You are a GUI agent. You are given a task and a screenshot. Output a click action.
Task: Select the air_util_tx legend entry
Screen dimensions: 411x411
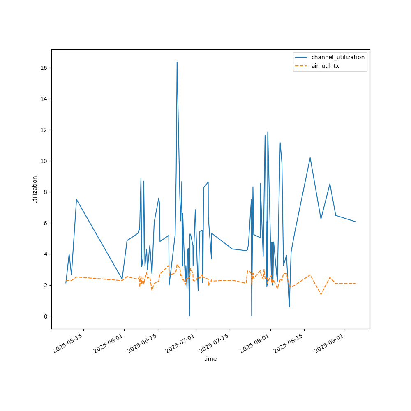[x=325, y=66]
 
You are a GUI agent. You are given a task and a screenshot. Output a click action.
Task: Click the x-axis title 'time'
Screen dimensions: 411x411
[x=210, y=359]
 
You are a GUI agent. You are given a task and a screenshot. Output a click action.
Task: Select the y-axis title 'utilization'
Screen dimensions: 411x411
[x=35, y=189]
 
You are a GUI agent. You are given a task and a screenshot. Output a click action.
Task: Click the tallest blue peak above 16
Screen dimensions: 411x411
[x=177, y=62]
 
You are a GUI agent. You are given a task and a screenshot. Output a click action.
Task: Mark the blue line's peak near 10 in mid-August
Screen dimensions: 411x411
[x=310, y=157]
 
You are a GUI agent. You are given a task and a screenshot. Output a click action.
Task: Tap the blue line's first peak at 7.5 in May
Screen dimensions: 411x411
[x=76, y=199]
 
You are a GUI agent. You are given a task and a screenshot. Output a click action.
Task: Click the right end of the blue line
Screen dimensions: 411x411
[x=356, y=222]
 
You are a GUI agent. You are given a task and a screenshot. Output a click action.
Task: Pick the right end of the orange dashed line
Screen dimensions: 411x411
[x=356, y=283]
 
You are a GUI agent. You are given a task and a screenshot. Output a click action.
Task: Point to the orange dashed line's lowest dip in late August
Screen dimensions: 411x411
[x=321, y=294]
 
